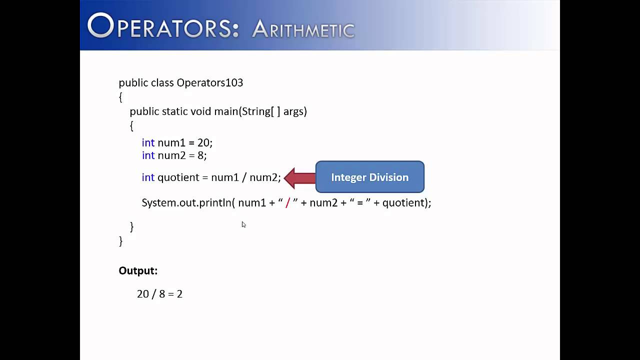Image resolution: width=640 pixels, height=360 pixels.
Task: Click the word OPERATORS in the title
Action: (163, 26)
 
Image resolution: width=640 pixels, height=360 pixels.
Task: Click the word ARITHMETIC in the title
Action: (303, 29)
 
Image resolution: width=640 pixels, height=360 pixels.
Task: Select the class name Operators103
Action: (209, 82)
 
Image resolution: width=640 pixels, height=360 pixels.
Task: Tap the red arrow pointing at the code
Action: (299, 178)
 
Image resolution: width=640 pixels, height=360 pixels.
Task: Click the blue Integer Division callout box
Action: (369, 177)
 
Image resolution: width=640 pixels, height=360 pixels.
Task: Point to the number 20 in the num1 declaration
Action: (203, 143)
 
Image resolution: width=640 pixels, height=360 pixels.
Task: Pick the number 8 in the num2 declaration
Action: (200, 155)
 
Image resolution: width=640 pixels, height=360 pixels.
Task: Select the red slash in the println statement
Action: (287, 203)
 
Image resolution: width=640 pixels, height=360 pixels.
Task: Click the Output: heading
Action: (138, 270)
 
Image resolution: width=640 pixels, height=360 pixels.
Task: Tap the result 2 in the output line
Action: (179, 294)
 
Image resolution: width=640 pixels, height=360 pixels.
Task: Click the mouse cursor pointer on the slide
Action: (243, 224)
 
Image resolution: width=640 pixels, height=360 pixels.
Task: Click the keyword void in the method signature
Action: (200, 111)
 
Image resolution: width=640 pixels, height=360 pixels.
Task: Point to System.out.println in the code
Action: (185, 203)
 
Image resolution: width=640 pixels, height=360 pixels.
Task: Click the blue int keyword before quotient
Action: (148, 177)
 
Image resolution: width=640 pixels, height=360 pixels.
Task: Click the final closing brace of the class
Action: (120, 241)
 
